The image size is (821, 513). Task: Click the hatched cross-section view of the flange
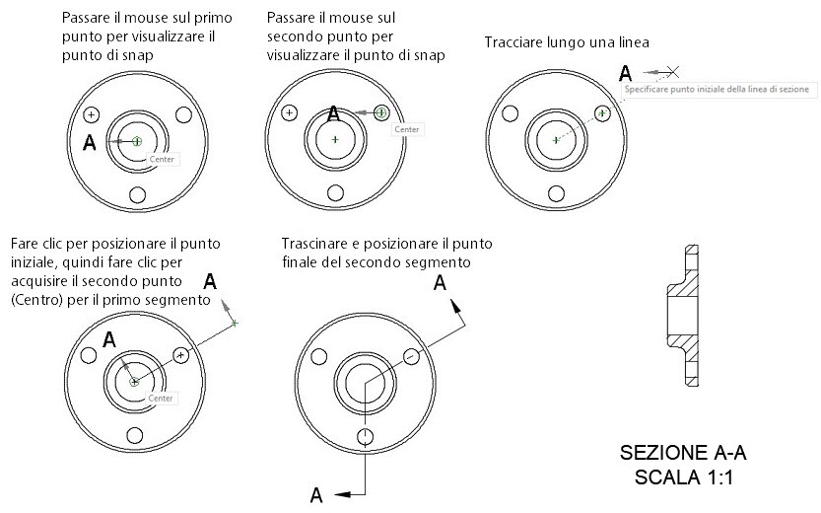(688, 315)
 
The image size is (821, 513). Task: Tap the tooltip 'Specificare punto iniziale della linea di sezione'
(717, 89)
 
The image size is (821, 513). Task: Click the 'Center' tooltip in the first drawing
(161, 157)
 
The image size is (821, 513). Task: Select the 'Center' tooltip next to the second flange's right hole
(406, 129)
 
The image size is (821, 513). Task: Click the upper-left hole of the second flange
(289, 112)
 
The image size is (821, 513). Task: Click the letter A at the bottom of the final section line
(316, 494)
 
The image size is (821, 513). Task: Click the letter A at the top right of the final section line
(441, 283)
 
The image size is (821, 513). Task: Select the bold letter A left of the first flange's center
(90, 143)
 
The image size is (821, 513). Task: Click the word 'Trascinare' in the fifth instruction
(314, 244)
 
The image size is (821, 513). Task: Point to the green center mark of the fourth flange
(134, 381)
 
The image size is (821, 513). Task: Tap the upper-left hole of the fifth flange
(318, 357)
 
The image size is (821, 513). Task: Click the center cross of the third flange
(556, 140)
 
